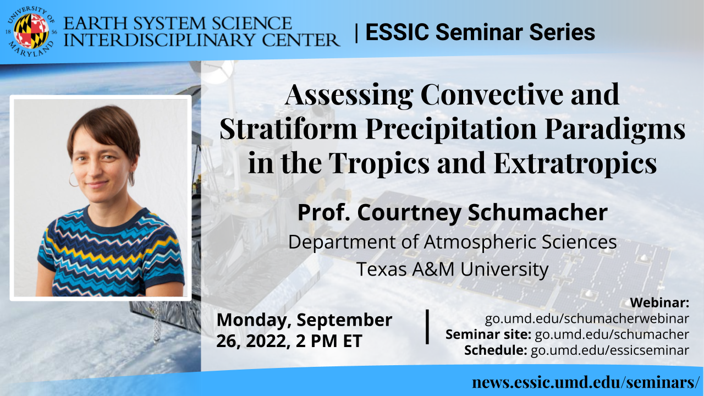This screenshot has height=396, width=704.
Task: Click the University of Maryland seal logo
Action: pyautogui.click(x=31, y=31)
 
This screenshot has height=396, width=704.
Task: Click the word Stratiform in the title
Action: pyautogui.click(x=288, y=129)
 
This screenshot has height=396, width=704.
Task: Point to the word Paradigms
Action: pyautogui.click(x=615, y=129)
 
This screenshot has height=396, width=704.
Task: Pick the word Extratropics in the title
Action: pyautogui.click(x=575, y=163)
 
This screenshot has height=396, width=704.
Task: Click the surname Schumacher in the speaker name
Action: pyautogui.click(x=537, y=213)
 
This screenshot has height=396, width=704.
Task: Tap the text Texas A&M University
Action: pyautogui.click(x=452, y=269)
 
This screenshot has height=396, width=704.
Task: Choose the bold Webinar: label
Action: pyautogui.click(x=659, y=302)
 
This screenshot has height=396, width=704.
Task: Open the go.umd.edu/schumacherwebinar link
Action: pyautogui.click(x=587, y=318)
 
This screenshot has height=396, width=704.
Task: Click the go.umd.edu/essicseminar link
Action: pyautogui.click(x=610, y=350)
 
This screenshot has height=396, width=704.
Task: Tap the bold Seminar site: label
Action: pyautogui.click(x=488, y=334)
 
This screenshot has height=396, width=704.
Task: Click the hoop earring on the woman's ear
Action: pyautogui.click(x=73, y=179)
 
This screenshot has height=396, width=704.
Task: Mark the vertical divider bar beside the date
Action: pyautogui.click(x=427, y=327)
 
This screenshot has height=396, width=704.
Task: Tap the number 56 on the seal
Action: pyautogui.click(x=54, y=32)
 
